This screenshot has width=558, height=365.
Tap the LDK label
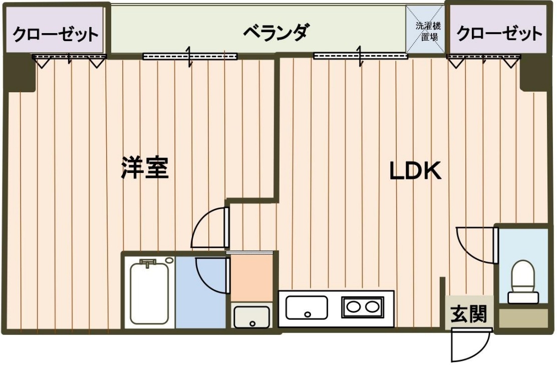click(x=415, y=171)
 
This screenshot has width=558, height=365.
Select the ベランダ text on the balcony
click(x=275, y=33)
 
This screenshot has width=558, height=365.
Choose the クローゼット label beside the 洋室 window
click(x=55, y=35)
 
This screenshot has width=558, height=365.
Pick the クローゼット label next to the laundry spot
click(x=499, y=34)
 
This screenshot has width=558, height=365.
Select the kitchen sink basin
click(x=306, y=307)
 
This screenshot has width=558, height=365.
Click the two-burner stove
click(x=361, y=306)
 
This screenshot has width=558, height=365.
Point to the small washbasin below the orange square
click(x=252, y=316)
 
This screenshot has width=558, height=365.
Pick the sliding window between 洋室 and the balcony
click(x=189, y=56)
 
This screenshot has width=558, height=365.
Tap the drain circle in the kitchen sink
click(x=307, y=314)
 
